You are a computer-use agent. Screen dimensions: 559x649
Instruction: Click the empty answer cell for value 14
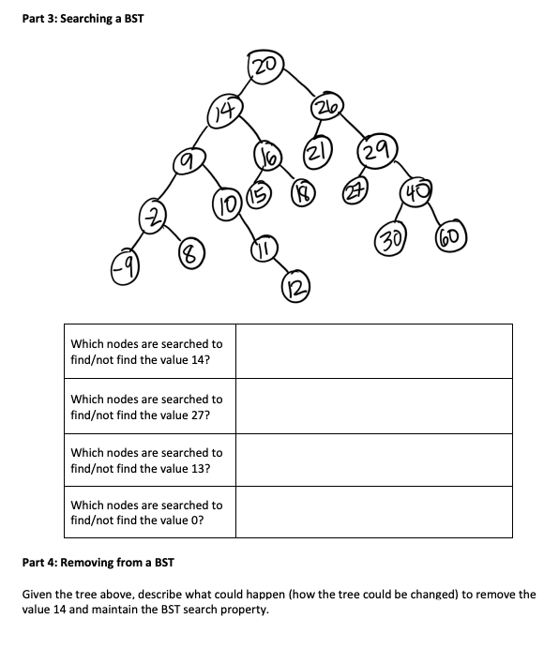pos(373,351)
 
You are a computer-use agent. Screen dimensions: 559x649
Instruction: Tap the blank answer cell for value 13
pos(373,460)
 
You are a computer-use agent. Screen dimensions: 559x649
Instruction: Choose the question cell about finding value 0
pos(148,512)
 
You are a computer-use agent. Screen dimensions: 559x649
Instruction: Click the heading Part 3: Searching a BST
pos(83,20)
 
